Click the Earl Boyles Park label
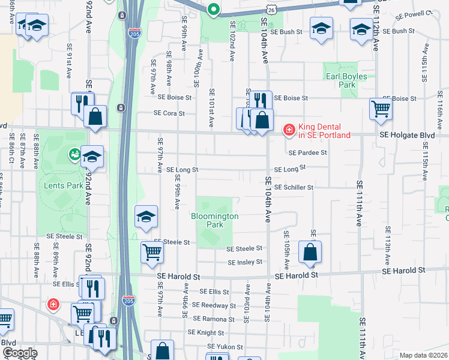[x=346, y=80]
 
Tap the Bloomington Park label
[x=215, y=220]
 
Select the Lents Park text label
[x=64, y=185]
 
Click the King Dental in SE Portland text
[x=324, y=131]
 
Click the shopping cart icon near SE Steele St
[x=152, y=253]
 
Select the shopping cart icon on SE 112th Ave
[x=381, y=109]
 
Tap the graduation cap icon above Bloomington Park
[x=146, y=217]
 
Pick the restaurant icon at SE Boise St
[x=259, y=101]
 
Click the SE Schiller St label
[x=294, y=187]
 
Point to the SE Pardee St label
[x=308, y=152]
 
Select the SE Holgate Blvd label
[x=407, y=136]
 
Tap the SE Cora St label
[x=169, y=113]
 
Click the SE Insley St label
[x=245, y=262]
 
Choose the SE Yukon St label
[x=225, y=347]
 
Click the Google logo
[x=20, y=353]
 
